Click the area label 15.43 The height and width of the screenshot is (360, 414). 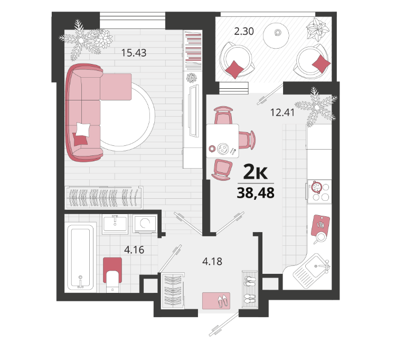(x=134, y=53)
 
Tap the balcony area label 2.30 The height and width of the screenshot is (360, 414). (x=244, y=31)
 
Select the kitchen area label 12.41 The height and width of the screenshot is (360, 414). (x=282, y=113)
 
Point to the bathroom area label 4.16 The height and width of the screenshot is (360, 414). (x=134, y=250)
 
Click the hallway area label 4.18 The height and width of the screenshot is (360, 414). (x=212, y=262)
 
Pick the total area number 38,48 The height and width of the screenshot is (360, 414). (x=256, y=193)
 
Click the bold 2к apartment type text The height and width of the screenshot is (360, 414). (x=256, y=172)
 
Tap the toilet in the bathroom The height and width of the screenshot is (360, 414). (x=112, y=275)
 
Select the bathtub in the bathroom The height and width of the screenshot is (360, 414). (x=80, y=257)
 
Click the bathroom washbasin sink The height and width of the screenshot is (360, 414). (x=115, y=224)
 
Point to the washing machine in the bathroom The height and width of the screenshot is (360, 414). (x=145, y=224)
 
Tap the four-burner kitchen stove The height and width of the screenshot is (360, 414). (x=319, y=191)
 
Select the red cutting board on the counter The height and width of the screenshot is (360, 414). (x=320, y=225)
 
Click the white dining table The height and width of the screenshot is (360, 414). (x=222, y=141)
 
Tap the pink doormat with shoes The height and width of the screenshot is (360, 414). (x=217, y=301)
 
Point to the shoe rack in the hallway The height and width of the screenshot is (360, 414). (x=250, y=289)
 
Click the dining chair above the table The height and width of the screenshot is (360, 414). (x=223, y=115)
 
